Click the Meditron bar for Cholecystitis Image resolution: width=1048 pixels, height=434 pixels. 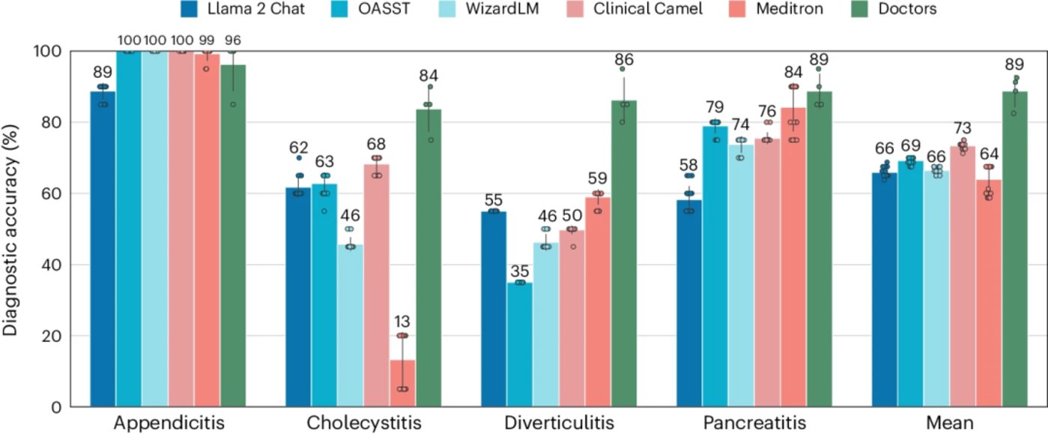pos(403,383)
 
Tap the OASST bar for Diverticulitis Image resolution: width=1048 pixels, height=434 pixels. pos(520,344)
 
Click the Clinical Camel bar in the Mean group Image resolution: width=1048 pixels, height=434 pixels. pos(963,277)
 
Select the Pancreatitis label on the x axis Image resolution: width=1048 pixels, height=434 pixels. pos(757,423)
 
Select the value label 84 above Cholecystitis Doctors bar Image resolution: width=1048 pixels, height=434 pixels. pos(428,76)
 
